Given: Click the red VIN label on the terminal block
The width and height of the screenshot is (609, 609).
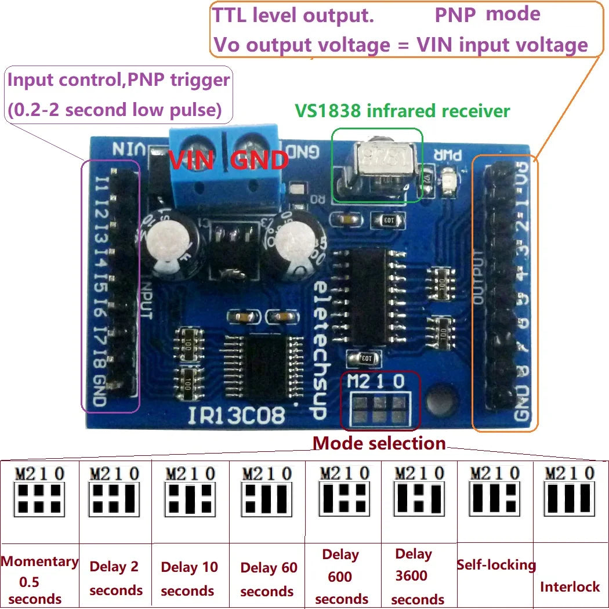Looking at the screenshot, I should (x=192, y=159).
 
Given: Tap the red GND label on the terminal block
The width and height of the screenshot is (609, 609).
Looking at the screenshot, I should (x=259, y=159).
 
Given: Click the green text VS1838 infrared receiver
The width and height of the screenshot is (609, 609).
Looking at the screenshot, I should (x=403, y=111).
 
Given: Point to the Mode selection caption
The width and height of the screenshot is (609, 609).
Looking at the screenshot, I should (x=379, y=444).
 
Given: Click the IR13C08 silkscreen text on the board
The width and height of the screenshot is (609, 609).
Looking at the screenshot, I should (x=236, y=415).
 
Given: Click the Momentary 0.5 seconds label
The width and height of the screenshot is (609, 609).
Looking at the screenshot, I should (x=39, y=579).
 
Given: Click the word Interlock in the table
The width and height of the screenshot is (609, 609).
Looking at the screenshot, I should (x=570, y=586).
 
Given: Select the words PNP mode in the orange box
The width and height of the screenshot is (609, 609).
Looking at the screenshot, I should (x=487, y=14).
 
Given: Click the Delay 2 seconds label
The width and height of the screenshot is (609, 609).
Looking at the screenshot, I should (x=115, y=578).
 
